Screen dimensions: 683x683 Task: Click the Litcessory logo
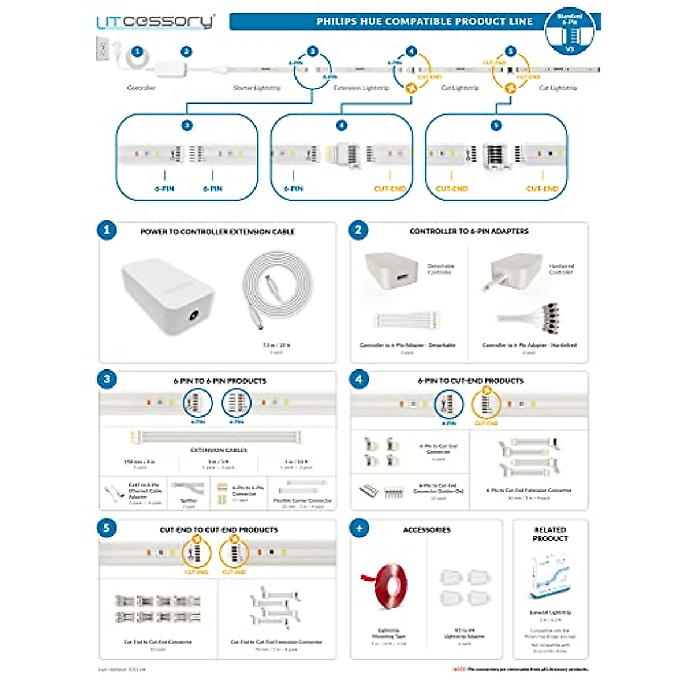point(155,22)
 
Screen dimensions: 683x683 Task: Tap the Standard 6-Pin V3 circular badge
point(570,32)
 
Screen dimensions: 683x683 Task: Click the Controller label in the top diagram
point(141,88)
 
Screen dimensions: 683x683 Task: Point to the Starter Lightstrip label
point(257,88)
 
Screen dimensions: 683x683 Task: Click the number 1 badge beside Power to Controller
point(107,231)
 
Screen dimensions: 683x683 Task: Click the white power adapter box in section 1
point(167,296)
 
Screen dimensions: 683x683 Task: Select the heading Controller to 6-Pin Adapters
point(468,231)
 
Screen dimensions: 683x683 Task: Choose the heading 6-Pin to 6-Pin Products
point(220,381)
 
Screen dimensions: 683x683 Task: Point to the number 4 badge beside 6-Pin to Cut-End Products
point(359,380)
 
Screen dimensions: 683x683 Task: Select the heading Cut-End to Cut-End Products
point(219,529)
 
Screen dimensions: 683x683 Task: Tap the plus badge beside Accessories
point(359,528)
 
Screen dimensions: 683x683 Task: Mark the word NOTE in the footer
point(459,669)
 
